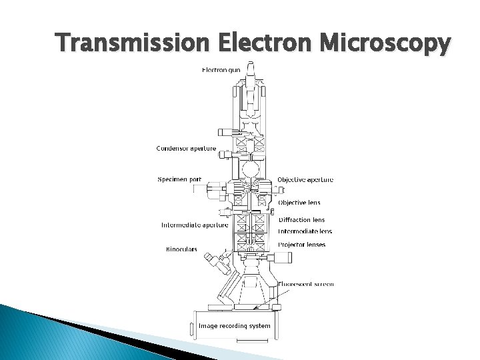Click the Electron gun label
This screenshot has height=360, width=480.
click(221, 70)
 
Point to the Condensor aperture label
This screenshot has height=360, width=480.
click(186, 148)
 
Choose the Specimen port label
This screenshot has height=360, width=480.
click(179, 179)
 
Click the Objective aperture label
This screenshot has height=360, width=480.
click(305, 179)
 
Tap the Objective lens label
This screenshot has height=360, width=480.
click(299, 202)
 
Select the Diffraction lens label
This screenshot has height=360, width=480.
click(301, 220)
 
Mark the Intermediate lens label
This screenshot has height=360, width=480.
click(305, 231)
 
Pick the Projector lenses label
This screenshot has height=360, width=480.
click(302, 245)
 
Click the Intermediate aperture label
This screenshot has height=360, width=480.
click(194, 225)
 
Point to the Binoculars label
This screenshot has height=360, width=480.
click(182, 249)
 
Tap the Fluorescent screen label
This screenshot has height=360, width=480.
click(305, 284)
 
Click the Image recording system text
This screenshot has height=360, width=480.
click(235, 326)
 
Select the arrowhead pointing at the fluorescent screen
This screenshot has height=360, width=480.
click(255, 307)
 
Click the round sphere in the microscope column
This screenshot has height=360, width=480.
click(250, 169)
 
